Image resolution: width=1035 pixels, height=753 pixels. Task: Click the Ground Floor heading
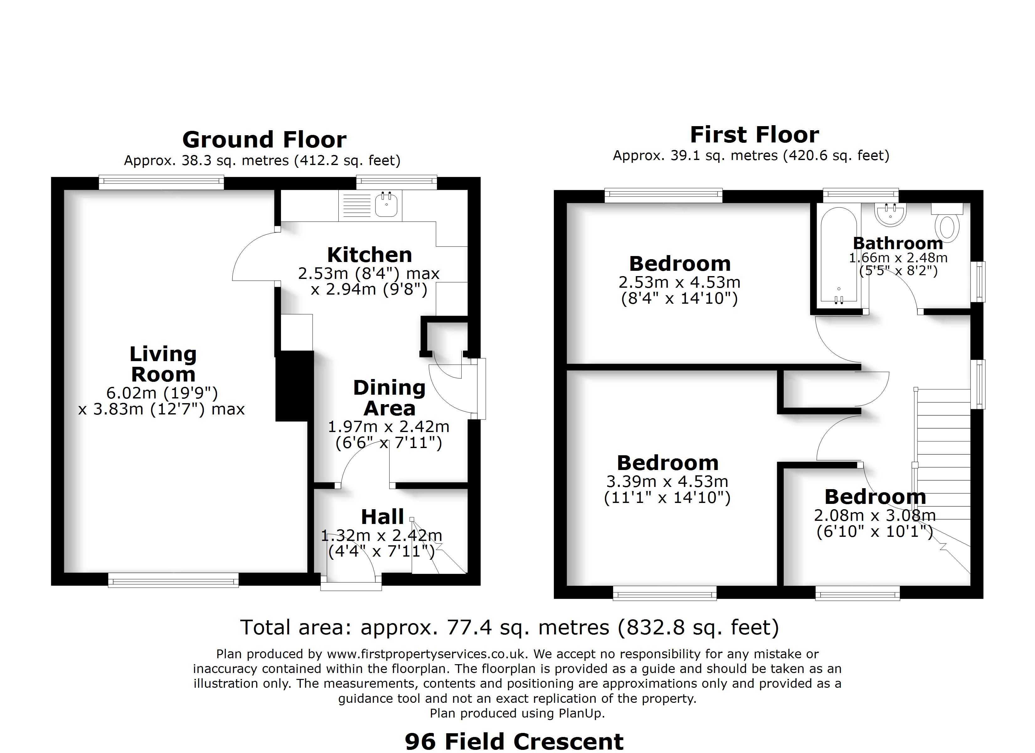pos(264,140)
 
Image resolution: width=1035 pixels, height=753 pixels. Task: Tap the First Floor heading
pos(754,135)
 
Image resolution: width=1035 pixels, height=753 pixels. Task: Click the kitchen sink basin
pos(386,205)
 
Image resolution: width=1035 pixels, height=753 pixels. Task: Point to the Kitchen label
pos(370,254)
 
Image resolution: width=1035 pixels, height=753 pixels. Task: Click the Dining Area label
pos(389,398)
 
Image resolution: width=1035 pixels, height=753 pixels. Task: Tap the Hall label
pos(382,517)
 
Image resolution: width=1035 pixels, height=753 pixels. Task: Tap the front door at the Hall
pos(351,583)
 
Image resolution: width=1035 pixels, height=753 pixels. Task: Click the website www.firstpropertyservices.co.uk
pos(427,654)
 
